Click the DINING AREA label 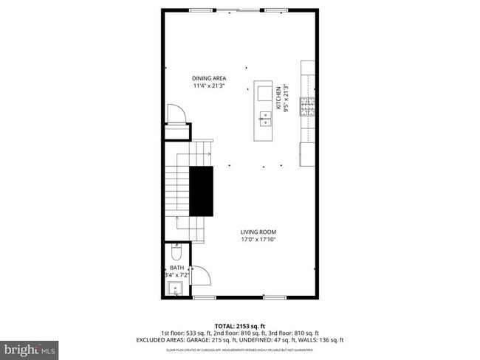coord(209,78)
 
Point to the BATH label coord(176,268)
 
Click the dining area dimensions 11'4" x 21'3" coord(209,86)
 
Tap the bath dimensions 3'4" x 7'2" coord(177,275)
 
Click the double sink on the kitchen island coord(264,116)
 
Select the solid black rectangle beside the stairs coord(202,190)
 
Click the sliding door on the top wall coord(238,10)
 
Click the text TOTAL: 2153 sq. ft coord(239,325)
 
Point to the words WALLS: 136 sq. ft coord(319,340)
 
